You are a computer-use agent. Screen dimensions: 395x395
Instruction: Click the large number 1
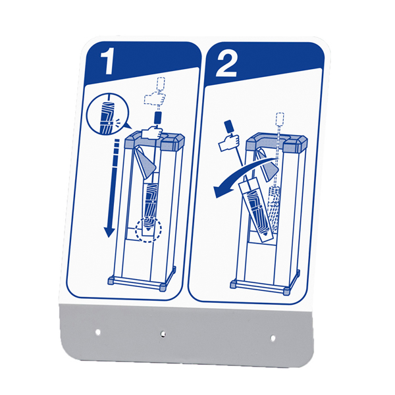(x=108, y=63)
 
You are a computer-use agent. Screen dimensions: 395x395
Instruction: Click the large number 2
(x=226, y=65)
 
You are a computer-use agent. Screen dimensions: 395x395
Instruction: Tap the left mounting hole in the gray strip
(x=97, y=332)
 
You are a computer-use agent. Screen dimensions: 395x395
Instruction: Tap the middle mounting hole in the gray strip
(x=163, y=334)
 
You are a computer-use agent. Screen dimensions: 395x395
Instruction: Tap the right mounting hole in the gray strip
(x=273, y=338)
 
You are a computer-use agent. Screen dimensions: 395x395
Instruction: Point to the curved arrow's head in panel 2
(x=219, y=191)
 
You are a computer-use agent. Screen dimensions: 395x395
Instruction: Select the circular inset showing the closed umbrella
(x=108, y=114)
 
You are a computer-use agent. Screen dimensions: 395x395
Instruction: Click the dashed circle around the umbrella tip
(x=148, y=230)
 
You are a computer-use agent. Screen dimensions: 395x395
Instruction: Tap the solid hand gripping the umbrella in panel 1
(x=151, y=132)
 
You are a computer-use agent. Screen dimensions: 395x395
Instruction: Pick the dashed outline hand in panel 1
(x=155, y=98)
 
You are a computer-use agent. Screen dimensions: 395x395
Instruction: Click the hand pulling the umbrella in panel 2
(x=229, y=143)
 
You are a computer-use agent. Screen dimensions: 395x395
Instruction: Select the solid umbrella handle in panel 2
(x=228, y=126)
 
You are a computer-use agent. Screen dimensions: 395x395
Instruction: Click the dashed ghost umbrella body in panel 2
(x=273, y=207)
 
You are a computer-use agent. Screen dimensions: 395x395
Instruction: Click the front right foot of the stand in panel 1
(x=163, y=287)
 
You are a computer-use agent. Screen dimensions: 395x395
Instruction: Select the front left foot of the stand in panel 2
(x=234, y=284)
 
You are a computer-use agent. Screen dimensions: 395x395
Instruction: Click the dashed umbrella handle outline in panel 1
(x=161, y=84)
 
